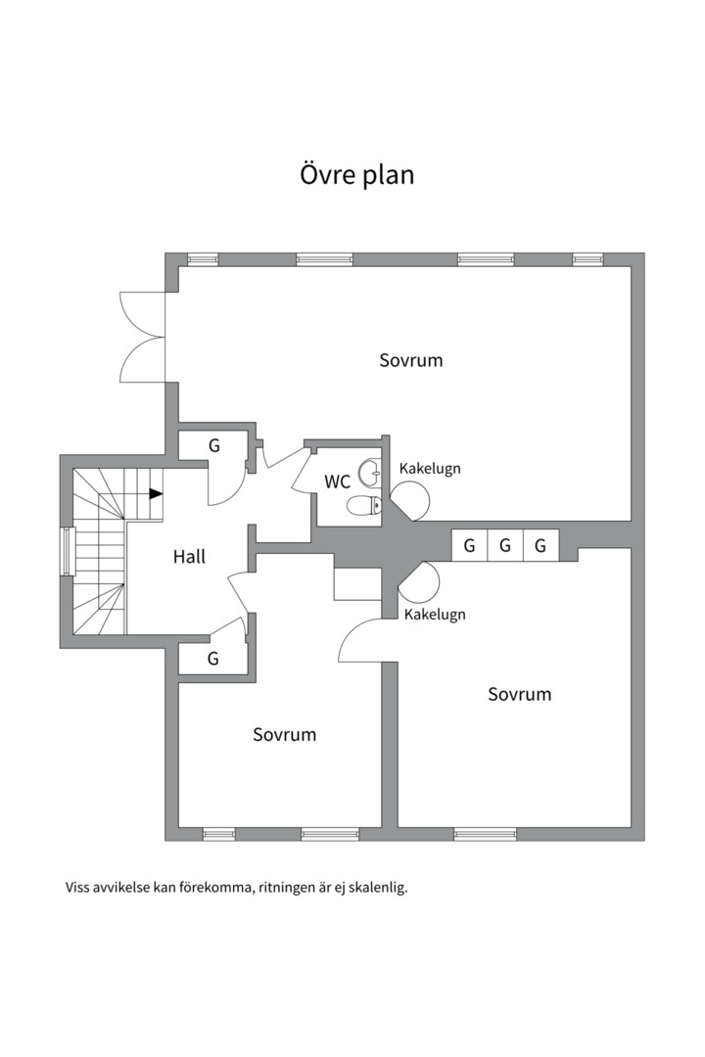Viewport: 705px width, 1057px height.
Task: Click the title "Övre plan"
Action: pos(356,174)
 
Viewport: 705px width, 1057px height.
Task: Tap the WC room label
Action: pos(337,482)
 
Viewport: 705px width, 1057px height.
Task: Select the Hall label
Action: pos(189,557)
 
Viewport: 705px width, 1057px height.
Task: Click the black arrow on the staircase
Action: pos(156,493)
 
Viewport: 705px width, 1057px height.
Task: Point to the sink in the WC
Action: pos(370,473)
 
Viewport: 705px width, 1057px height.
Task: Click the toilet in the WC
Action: pos(364,505)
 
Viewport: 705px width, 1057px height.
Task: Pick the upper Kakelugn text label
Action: pos(430,469)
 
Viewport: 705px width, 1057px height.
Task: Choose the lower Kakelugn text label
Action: pos(435,615)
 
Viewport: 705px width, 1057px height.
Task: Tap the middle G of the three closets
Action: pos(504,545)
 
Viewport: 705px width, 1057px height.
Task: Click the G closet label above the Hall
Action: pos(213,445)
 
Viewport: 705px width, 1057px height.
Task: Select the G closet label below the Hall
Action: pos(212,658)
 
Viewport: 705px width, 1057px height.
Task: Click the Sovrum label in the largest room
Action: pos(411,360)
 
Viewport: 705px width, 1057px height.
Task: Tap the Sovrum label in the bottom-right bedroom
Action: pos(520,694)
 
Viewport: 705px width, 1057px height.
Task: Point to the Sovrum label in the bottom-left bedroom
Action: pos(285,735)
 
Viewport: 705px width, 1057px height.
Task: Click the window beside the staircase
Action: pos(67,551)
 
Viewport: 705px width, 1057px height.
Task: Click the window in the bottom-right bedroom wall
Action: pos(485,834)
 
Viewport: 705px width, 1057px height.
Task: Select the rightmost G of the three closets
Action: pos(540,545)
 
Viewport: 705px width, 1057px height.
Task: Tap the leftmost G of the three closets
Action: pos(470,545)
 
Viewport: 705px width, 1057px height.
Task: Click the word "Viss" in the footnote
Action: pos(77,887)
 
